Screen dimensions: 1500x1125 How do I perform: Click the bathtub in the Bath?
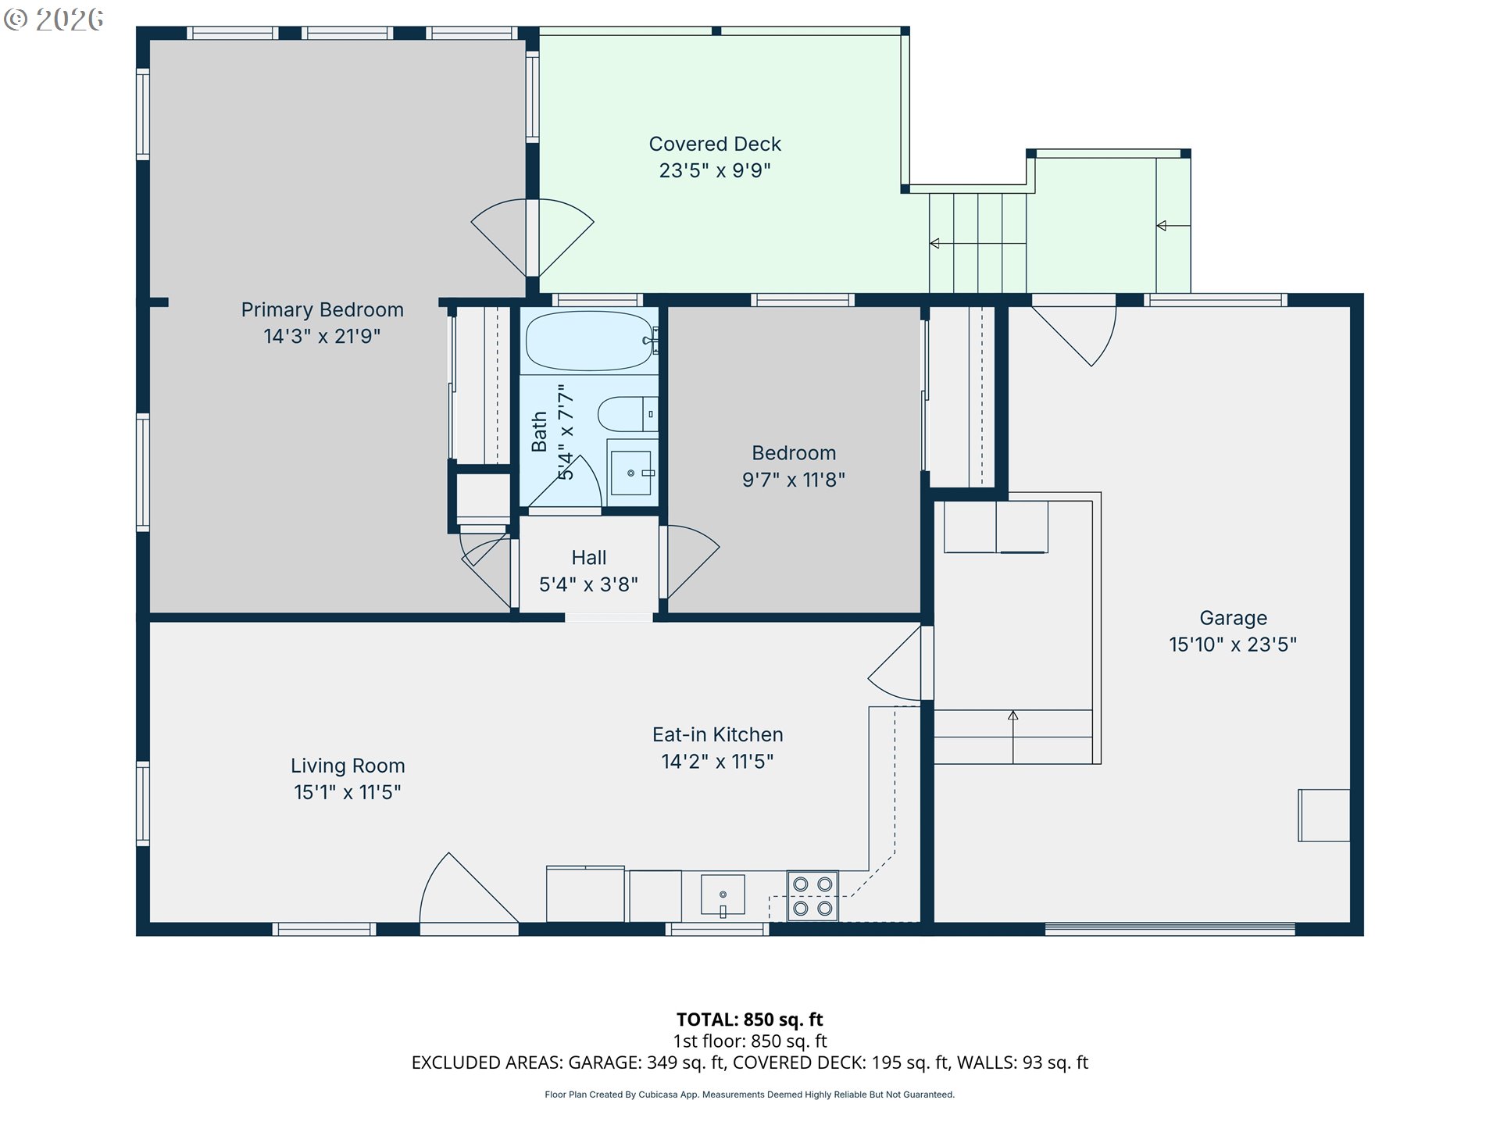[x=590, y=341]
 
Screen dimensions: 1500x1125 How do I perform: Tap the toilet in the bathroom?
[x=627, y=414]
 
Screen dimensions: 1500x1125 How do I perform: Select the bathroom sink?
[x=631, y=473]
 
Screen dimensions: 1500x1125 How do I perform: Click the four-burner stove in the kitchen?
[x=812, y=896]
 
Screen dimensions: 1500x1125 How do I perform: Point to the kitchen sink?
[x=723, y=895]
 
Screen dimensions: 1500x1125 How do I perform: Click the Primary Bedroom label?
[x=322, y=310]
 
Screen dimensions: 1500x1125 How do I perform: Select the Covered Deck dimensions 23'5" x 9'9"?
[x=715, y=170]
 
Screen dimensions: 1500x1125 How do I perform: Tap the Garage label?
[x=1234, y=618]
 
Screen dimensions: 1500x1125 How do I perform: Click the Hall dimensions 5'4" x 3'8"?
[x=588, y=584]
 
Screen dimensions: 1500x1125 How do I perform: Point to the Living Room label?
[x=348, y=766]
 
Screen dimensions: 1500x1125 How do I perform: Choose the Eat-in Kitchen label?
[x=718, y=734]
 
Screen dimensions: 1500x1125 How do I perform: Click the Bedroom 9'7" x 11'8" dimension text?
[x=794, y=480]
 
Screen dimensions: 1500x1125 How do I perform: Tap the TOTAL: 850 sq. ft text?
[x=750, y=1020]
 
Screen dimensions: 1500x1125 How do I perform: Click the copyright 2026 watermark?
[x=53, y=20]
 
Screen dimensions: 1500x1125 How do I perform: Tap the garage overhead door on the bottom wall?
[x=1170, y=929]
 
